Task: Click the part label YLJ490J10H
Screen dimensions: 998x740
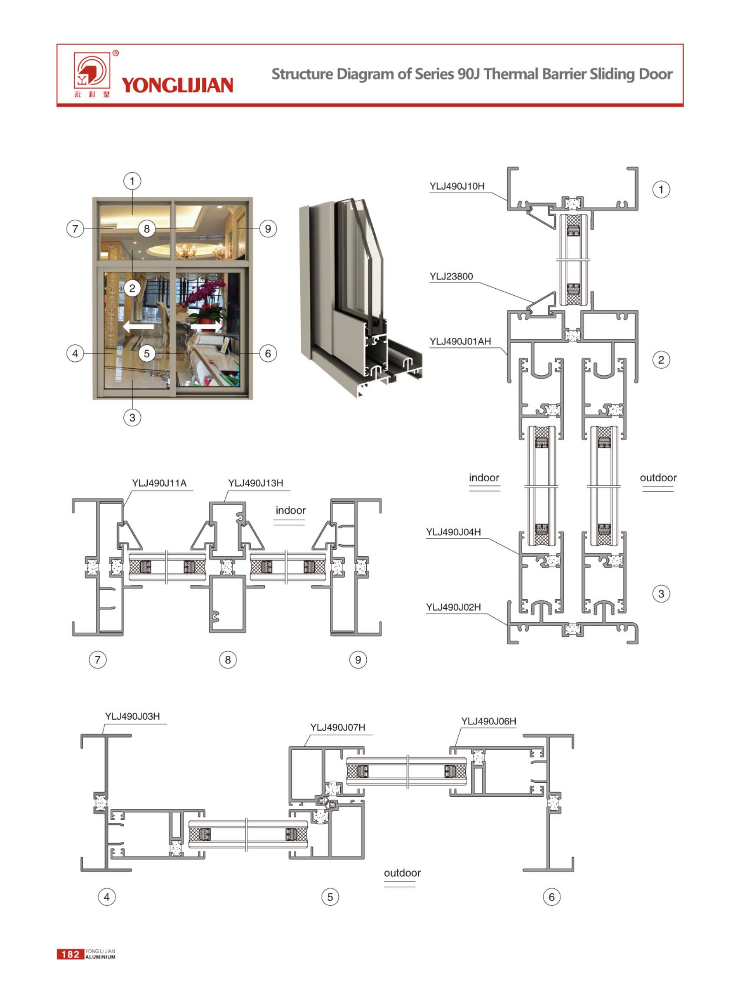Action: (456, 186)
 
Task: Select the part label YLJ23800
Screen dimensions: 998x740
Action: (451, 276)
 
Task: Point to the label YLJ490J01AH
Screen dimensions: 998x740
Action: (460, 341)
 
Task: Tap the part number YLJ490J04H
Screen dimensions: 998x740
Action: (453, 532)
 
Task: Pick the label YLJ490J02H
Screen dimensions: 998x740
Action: (453, 607)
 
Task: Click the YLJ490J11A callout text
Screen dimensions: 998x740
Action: (159, 483)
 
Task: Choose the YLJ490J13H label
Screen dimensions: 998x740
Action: (256, 483)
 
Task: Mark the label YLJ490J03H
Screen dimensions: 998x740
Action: (132, 716)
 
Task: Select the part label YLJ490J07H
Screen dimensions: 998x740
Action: (338, 727)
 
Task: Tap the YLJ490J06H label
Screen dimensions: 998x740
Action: (488, 721)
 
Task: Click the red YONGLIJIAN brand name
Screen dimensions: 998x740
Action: (177, 85)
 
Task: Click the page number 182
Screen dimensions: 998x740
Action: (70, 954)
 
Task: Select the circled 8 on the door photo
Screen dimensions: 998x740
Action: (146, 229)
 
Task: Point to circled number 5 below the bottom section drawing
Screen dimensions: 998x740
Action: (330, 897)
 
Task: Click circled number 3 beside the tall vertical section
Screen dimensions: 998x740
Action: (661, 594)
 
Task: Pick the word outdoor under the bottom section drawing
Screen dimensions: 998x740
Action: (402, 872)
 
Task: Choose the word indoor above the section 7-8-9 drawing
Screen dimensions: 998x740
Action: (290, 510)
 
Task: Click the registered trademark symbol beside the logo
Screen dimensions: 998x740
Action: (116, 53)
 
